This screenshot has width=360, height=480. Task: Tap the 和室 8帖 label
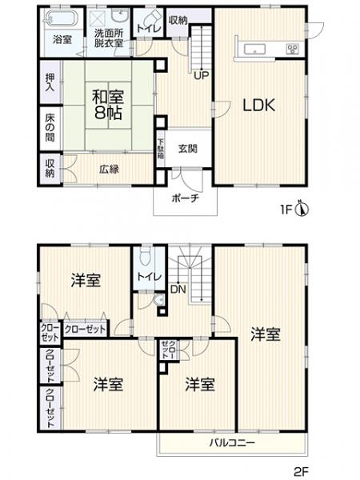pyautogui.click(x=107, y=105)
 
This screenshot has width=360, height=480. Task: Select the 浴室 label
pyautogui.click(x=61, y=38)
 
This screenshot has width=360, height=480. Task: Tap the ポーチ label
pyautogui.click(x=185, y=200)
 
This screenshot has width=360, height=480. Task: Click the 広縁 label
pyautogui.click(x=110, y=169)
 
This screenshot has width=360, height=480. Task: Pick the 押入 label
pyautogui.click(x=49, y=82)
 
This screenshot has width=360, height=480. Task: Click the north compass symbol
pyautogui.click(x=302, y=210)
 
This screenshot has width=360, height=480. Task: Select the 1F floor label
pyautogui.click(x=286, y=211)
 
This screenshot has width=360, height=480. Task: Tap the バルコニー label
pyautogui.click(x=232, y=442)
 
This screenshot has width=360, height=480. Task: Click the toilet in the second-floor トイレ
pyautogui.click(x=145, y=258)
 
